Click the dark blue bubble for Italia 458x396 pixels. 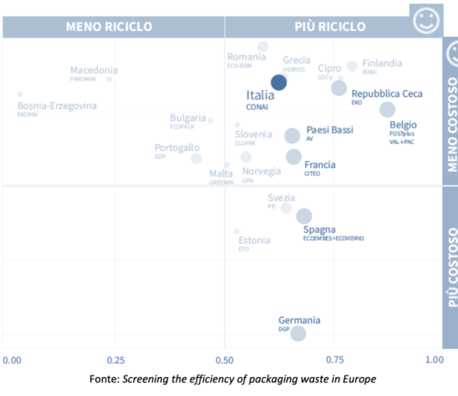[x=279, y=82]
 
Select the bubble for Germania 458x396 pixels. [x=298, y=333]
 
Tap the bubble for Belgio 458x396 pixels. [x=388, y=110]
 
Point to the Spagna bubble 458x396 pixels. [x=304, y=216]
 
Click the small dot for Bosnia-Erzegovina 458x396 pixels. [x=20, y=94]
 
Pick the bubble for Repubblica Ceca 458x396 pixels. [x=339, y=87]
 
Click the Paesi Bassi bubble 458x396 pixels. [x=292, y=135]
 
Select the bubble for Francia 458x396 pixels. [x=293, y=157]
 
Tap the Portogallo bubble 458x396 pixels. [x=196, y=158]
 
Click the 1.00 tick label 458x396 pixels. [x=436, y=359]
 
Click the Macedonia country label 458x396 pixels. [x=94, y=70]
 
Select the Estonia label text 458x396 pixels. [x=255, y=240]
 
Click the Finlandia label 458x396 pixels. [x=383, y=63]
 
